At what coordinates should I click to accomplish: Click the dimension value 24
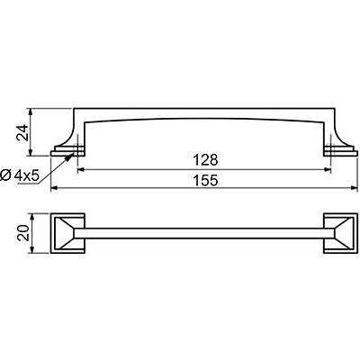(x=23, y=132)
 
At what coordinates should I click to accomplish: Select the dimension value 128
(x=205, y=160)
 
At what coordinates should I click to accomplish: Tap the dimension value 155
(x=205, y=181)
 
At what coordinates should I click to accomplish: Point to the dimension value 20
(x=23, y=232)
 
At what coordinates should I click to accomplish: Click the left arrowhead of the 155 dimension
(x=54, y=188)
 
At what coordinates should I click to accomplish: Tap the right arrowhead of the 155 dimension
(x=355, y=188)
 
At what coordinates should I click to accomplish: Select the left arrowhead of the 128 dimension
(x=81, y=170)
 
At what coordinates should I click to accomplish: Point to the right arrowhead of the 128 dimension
(x=328, y=170)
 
